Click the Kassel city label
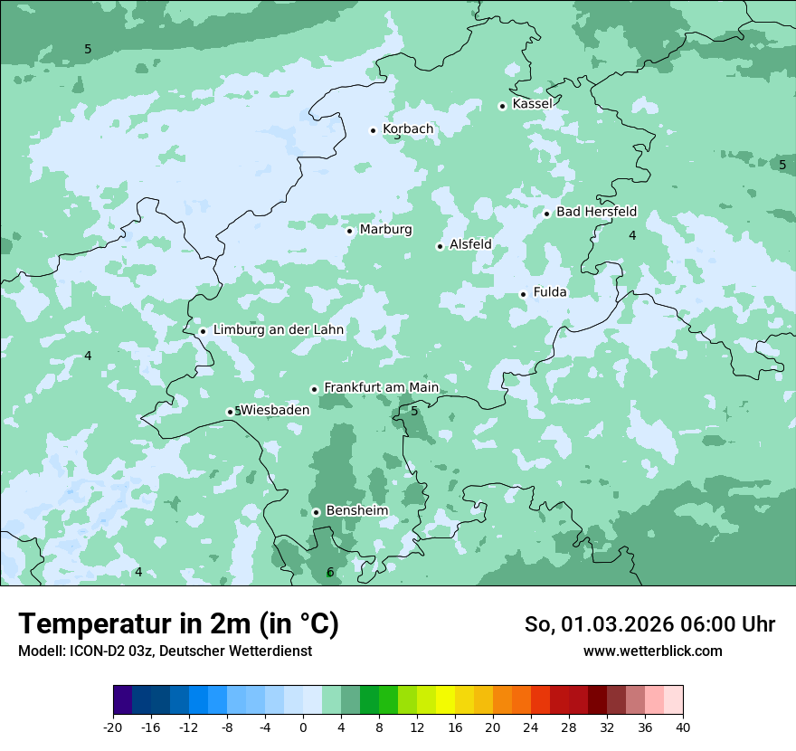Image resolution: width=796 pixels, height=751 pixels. click(532, 104)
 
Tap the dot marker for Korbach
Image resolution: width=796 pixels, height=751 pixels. click(373, 130)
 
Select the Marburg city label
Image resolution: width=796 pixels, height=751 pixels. click(385, 230)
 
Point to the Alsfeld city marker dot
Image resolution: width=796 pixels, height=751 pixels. click(440, 246)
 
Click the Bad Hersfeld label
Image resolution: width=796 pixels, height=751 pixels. click(596, 212)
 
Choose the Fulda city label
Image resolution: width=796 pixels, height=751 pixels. click(550, 292)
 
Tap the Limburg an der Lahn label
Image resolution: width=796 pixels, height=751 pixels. click(278, 330)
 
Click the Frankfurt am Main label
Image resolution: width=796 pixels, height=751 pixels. click(381, 387)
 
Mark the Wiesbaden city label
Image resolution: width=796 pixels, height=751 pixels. click(276, 410)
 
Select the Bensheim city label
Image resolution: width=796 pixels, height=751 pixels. click(356, 511)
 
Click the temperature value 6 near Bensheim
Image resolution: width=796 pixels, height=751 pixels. click(330, 572)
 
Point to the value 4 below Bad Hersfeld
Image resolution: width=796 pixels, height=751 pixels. click(632, 235)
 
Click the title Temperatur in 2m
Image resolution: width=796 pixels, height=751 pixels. click(178, 624)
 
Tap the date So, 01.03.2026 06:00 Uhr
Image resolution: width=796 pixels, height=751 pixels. click(649, 624)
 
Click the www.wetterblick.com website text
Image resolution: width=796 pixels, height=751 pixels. click(652, 651)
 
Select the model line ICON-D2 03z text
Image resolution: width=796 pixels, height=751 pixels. click(165, 651)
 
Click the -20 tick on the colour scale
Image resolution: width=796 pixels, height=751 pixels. click(113, 727)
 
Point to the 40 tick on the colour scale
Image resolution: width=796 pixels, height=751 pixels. click(682, 727)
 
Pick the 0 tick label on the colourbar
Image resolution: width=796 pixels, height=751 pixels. click(303, 727)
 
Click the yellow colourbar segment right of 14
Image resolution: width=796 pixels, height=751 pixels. click(445, 700)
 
